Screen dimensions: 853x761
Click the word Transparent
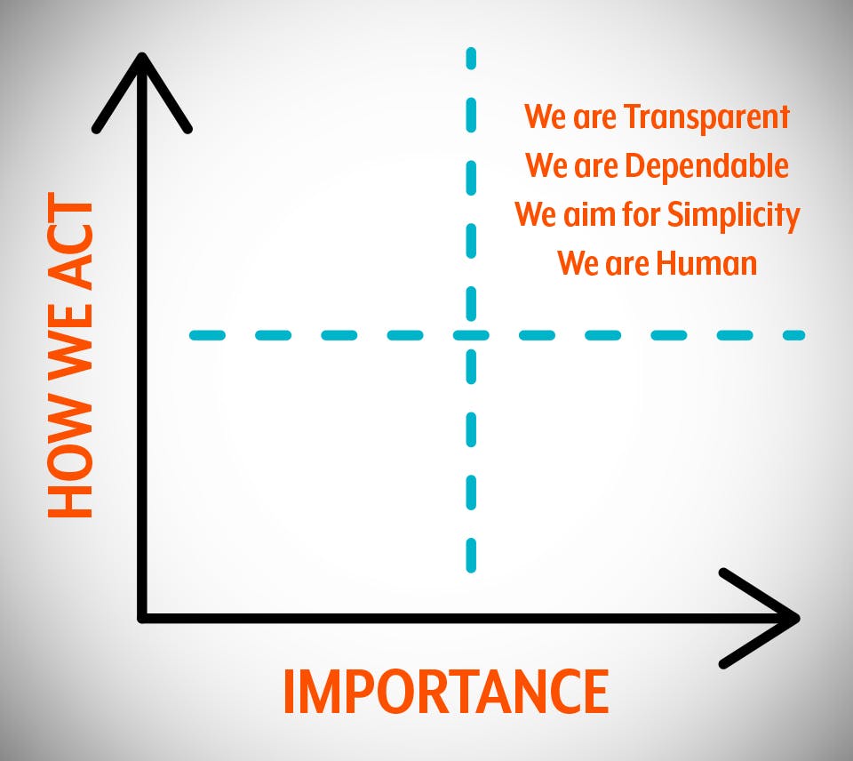(x=706, y=117)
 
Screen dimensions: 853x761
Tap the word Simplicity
(x=733, y=215)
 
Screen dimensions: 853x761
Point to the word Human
(x=706, y=263)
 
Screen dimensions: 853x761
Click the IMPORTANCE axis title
(x=445, y=692)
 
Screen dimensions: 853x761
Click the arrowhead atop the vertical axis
(x=142, y=92)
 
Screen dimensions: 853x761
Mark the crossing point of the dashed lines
(x=471, y=335)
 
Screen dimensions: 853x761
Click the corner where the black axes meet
(x=142, y=618)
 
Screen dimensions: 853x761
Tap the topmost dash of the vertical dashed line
(x=471, y=59)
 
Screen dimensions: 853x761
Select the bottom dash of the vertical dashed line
(x=471, y=556)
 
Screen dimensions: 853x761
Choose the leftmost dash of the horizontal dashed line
(x=207, y=335)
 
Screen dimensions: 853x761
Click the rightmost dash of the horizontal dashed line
(x=793, y=335)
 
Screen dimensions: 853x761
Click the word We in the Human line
(x=578, y=263)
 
